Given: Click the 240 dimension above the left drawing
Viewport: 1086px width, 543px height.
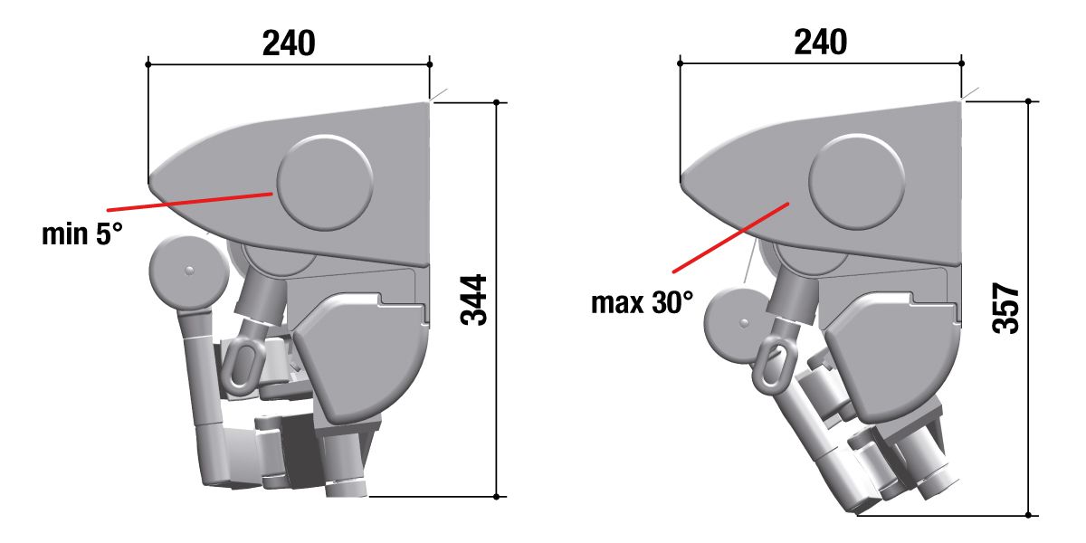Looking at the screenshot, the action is pyautogui.click(x=289, y=43).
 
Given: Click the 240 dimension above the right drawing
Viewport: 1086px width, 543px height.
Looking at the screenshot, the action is pyautogui.click(x=821, y=43).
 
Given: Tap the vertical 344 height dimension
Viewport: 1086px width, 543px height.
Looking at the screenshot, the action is pyautogui.click(x=473, y=300).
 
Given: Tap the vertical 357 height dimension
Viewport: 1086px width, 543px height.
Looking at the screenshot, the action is pyautogui.click(x=1005, y=309).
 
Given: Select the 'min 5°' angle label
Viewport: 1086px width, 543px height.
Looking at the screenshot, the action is pyautogui.click(x=82, y=234).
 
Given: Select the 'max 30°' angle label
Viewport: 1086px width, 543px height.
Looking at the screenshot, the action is pyautogui.click(x=643, y=302).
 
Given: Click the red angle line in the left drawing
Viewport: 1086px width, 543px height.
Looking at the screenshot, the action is pyautogui.click(x=190, y=202).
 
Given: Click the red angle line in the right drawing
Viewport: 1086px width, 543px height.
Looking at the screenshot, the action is pyautogui.click(x=731, y=237).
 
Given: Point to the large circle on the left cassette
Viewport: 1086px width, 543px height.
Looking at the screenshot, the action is pyautogui.click(x=325, y=183).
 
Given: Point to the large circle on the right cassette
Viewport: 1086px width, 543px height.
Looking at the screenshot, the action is pyautogui.click(x=857, y=181).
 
